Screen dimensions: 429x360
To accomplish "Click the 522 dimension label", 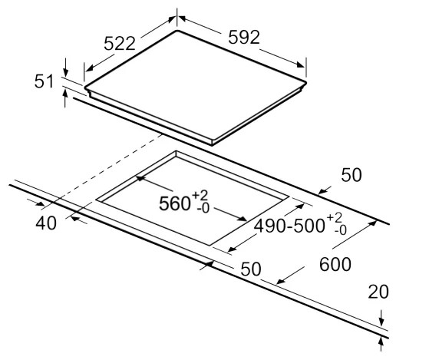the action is (x=120, y=43).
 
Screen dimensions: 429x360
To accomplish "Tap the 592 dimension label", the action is (x=244, y=37).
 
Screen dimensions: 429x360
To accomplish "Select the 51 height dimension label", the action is (x=44, y=81).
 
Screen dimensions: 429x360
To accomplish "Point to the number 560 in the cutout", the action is (x=174, y=203).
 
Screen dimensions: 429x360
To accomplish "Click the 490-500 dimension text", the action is (x=289, y=226).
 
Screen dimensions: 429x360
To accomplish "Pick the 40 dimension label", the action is (x=46, y=223).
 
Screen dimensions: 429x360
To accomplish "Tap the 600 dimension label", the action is (x=335, y=265).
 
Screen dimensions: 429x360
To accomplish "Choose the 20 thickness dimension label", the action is (x=378, y=292).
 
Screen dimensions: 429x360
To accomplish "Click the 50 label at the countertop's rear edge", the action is (x=351, y=175).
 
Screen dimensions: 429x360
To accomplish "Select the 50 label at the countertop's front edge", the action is (x=251, y=269).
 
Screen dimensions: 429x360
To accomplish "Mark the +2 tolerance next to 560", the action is (x=200, y=195).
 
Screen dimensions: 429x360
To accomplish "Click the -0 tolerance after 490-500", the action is (x=340, y=230).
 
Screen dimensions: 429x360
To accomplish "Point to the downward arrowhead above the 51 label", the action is (x=65, y=72).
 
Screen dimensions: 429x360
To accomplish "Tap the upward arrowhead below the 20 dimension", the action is (x=381, y=342).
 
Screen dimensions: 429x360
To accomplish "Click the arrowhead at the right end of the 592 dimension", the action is (x=300, y=64).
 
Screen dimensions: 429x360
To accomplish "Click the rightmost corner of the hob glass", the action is (x=306, y=82).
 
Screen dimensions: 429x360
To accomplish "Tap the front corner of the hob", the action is (x=212, y=144).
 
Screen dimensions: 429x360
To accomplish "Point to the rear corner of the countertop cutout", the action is (x=176, y=151).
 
